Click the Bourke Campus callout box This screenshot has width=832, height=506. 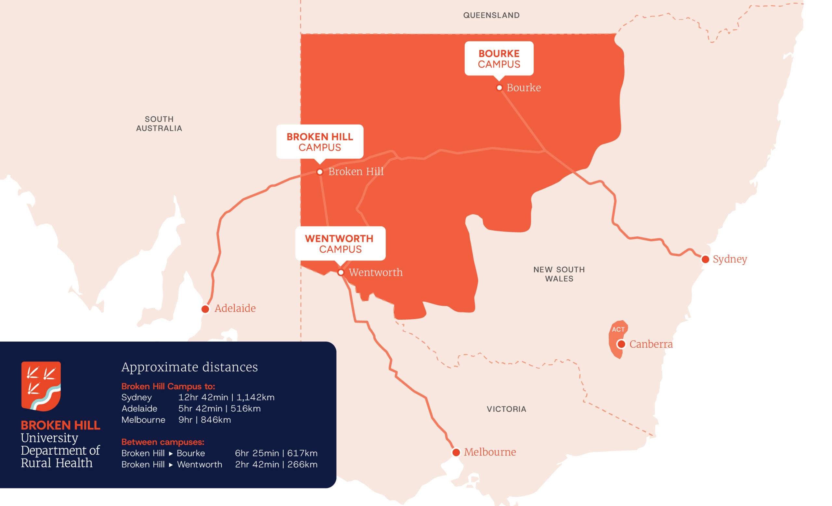coord(499,59)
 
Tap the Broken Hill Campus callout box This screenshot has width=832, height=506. coord(319,141)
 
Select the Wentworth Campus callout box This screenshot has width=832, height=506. coord(340,243)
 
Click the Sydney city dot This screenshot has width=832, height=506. coord(705,260)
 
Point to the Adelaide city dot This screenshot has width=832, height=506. coord(205,309)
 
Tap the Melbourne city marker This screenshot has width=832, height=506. coord(456,452)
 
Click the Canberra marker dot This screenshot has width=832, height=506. coord(621,344)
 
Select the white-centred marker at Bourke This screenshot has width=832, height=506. coord(499,88)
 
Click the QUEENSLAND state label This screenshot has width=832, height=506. coord(491,15)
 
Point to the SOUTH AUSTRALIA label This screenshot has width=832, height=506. coord(159,124)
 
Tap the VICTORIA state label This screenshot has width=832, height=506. coord(506,409)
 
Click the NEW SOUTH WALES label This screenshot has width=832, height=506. coord(559,274)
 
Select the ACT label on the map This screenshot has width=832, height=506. coord(618,329)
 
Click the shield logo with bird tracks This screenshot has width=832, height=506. coord(41,386)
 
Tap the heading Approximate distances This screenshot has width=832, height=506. coord(189,367)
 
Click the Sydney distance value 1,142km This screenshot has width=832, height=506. coord(255,397)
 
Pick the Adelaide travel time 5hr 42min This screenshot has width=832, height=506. coord(200,408)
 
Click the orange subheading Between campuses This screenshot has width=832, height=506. coord(163,442)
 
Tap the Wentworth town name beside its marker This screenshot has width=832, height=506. coord(375,272)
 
